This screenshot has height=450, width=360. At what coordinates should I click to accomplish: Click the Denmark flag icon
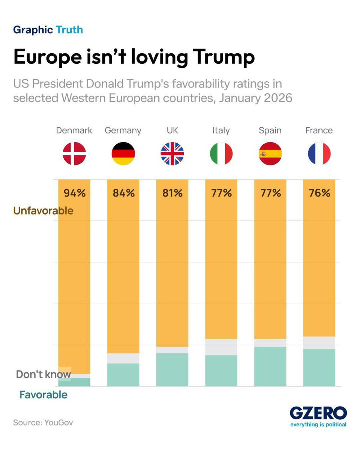coord(74,154)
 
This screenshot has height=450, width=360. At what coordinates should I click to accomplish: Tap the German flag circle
coord(123,154)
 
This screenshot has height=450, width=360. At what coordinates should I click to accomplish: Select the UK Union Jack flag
coord(172,154)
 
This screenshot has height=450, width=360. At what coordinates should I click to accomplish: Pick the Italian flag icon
coord(221,154)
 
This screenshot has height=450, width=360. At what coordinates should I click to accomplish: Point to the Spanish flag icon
coord(270,154)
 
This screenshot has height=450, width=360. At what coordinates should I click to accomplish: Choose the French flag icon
coord(319,154)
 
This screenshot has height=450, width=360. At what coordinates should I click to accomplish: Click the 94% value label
coord(75,193)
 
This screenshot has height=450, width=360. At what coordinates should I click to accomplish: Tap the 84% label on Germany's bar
coord(123,193)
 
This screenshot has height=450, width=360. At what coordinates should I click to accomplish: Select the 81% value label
coord(172,193)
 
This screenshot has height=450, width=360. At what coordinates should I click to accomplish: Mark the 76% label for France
coord(319,193)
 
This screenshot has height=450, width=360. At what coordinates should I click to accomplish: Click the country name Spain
coord(270,130)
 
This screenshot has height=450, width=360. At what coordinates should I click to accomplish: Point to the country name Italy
coord(221,130)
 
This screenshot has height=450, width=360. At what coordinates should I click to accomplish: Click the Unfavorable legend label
coord(43,211)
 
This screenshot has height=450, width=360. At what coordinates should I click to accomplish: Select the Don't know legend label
coord(43,374)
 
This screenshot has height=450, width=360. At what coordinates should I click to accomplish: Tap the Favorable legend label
coord(43,395)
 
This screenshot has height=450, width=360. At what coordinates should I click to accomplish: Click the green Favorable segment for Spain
coord(270,366)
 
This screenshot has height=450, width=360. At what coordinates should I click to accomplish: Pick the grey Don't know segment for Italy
coord(221,347)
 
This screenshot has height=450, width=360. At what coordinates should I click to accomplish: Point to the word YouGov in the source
coord(58,423)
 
